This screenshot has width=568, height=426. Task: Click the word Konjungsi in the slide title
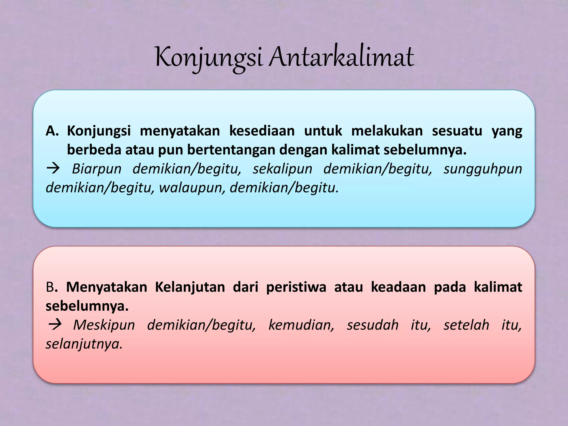209,58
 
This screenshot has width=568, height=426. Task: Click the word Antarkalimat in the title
342,58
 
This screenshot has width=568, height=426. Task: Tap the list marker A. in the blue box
52,131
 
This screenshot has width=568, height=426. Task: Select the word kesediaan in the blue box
262,131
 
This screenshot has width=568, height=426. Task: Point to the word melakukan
387,131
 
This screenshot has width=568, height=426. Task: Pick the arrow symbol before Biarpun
53,168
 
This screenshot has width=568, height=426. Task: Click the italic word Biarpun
97,169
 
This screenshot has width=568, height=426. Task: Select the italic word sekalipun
282,169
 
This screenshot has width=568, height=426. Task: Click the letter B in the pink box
50,287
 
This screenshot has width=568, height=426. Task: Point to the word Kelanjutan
190,287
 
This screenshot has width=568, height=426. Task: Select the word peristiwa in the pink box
296,287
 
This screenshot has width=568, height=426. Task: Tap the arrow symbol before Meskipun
55,325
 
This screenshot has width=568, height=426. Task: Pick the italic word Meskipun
104,325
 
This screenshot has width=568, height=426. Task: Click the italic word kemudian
301,325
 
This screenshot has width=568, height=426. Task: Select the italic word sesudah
372,325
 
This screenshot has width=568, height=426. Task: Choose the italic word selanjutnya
84,344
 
